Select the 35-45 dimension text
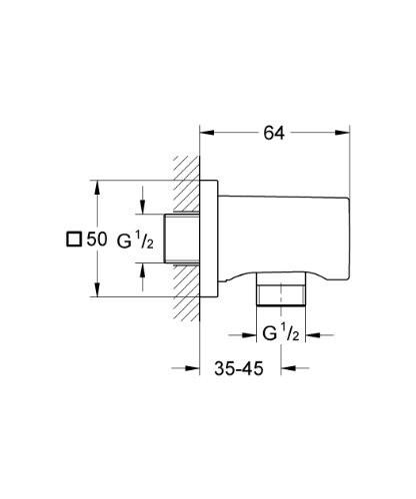pos(240,368)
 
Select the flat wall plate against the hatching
pos(211,240)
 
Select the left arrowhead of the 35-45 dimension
pos(197,368)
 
